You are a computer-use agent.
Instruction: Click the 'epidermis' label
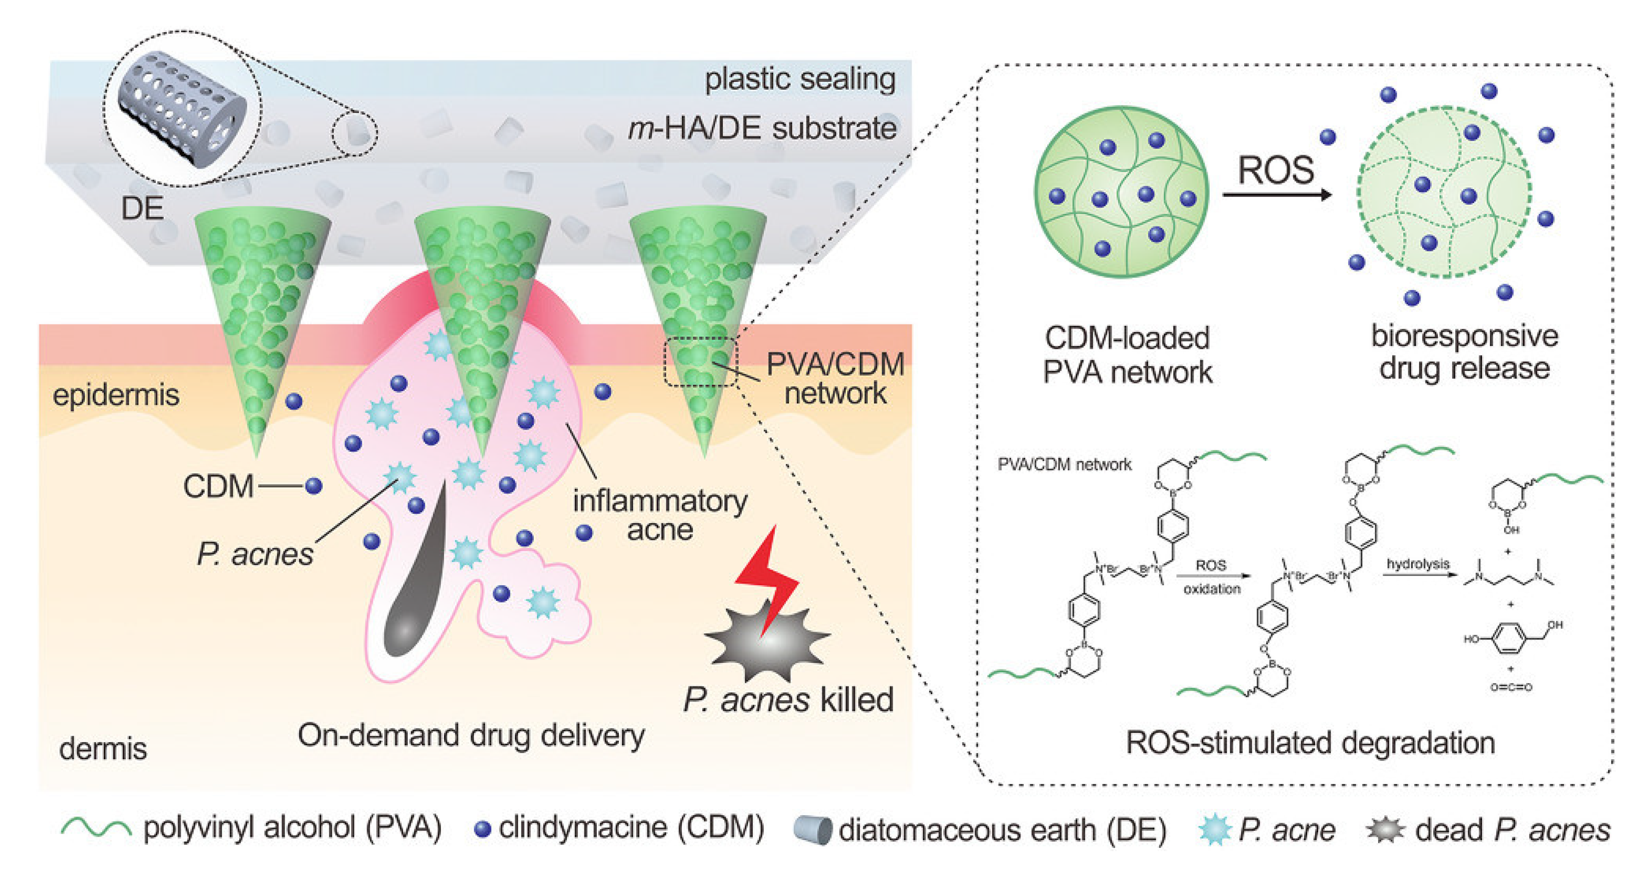116,395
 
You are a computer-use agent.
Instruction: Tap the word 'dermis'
103,748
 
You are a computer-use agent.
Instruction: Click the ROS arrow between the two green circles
1276,194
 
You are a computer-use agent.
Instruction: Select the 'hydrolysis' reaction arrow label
1418,564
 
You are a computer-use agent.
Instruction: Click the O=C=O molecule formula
1511,687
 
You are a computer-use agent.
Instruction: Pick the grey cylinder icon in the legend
812,829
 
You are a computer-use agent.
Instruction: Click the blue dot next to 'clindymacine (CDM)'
482,829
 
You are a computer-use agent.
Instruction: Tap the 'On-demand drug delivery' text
471,735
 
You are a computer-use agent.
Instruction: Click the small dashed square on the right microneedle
701,362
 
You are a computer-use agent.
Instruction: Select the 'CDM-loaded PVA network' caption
1127,355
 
